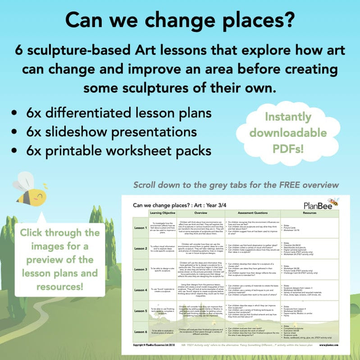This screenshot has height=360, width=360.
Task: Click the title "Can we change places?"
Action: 180,19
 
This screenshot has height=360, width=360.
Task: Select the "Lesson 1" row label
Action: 140,228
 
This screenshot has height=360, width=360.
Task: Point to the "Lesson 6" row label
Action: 140,332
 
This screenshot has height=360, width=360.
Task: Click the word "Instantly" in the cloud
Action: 289,117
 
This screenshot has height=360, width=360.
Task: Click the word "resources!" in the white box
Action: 60,286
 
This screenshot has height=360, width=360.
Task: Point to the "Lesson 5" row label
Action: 140,310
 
